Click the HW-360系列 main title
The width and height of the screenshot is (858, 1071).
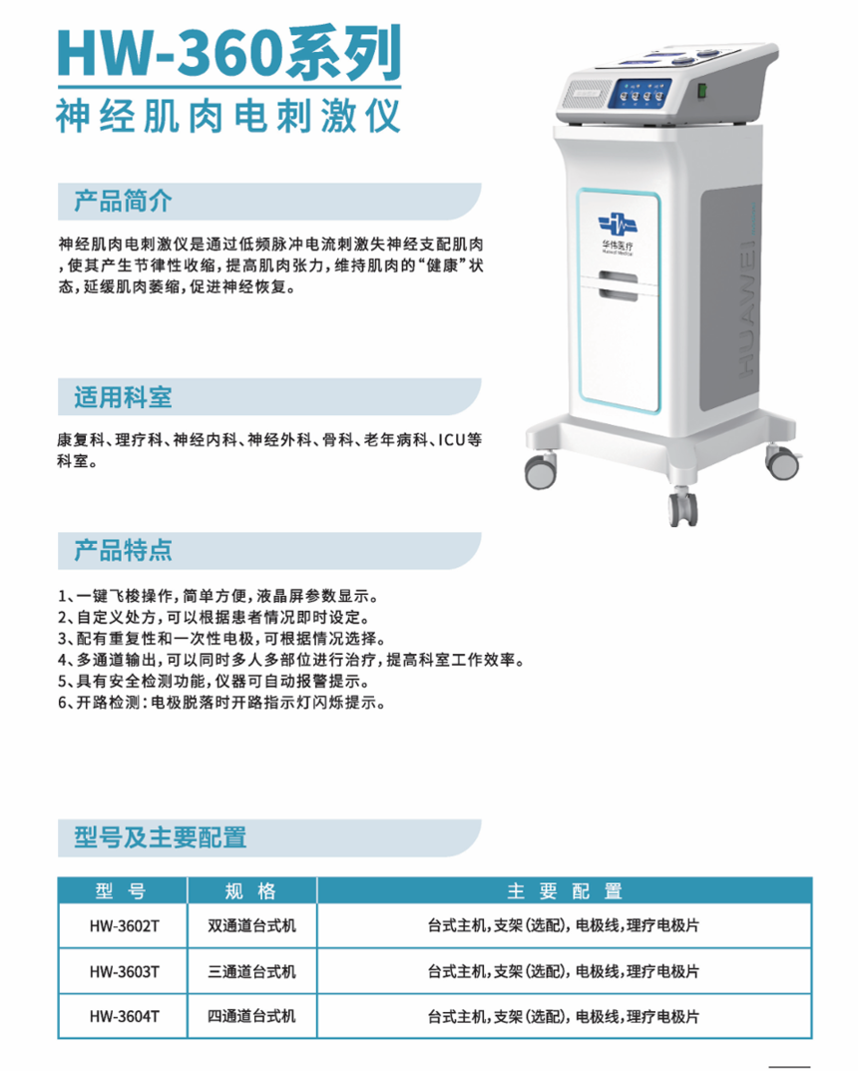(229, 53)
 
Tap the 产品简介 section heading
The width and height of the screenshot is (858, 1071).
(123, 202)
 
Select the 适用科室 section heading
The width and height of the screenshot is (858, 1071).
(123, 397)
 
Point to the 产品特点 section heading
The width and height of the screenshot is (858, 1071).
(123, 550)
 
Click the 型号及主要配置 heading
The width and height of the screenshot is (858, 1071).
(161, 836)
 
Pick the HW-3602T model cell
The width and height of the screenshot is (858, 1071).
(125, 926)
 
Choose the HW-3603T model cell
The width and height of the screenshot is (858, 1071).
(125, 971)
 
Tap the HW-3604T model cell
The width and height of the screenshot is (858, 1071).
(125, 1016)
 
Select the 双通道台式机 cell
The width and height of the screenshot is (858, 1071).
(251, 926)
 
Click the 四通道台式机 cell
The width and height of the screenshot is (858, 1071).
(251, 1016)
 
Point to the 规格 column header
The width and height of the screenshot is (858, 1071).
(251, 890)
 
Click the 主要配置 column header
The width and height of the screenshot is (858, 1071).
(565, 890)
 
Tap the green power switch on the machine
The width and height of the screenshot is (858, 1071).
(699, 91)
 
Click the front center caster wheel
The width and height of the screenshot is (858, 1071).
(682, 507)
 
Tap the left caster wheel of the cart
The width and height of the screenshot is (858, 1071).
(540, 470)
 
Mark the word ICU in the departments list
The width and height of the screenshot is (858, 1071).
(452, 440)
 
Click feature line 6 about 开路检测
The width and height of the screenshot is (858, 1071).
(221, 702)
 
